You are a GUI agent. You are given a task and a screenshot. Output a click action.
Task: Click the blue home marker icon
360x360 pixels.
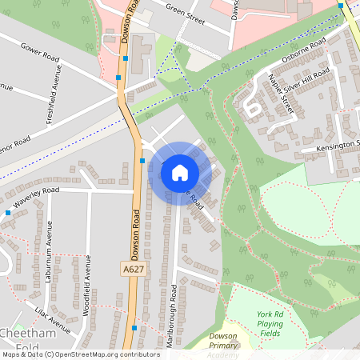[x=180, y=172]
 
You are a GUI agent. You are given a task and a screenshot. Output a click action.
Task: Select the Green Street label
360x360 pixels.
[x=185, y=10]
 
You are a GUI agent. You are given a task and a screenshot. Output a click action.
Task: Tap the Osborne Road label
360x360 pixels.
[x=304, y=49]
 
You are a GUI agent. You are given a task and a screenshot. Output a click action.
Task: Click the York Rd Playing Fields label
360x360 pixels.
[x=269, y=323]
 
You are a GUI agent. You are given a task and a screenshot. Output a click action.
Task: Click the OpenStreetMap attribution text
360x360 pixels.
[x=80, y=354]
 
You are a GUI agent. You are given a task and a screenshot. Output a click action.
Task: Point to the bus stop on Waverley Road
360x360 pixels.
[x=8, y=213]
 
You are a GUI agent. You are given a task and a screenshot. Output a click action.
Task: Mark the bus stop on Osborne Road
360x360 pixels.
[x=341, y=6]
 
